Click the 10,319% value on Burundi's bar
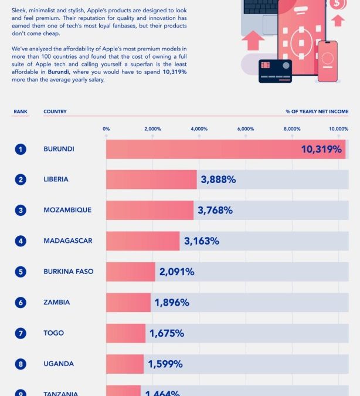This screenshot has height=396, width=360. tap(321, 149)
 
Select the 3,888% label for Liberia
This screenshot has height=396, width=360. tap(218, 180)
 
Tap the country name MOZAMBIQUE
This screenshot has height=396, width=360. tap(67, 210)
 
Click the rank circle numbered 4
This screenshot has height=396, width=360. tap(21, 241)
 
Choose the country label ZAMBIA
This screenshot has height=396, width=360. tap(56, 302)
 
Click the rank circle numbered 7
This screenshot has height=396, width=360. tap(21, 333)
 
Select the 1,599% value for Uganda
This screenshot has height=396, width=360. tap(165, 364)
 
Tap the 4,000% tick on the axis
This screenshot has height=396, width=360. tap(199, 128)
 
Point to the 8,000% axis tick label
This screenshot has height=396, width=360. tap(291, 128)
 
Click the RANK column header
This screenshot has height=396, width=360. tap(21, 111)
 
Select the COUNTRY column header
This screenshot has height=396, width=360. tap(55, 111)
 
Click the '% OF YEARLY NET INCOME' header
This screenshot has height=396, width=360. tap(317, 111)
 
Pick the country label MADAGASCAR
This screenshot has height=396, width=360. tap(67, 241)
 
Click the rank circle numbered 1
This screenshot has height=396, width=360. tap(21, 149)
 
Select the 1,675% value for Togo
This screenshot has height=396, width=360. tap(167, 333)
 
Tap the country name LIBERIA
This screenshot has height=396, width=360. tap(56, 180)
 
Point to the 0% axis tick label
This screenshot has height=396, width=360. tap(106, 128)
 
